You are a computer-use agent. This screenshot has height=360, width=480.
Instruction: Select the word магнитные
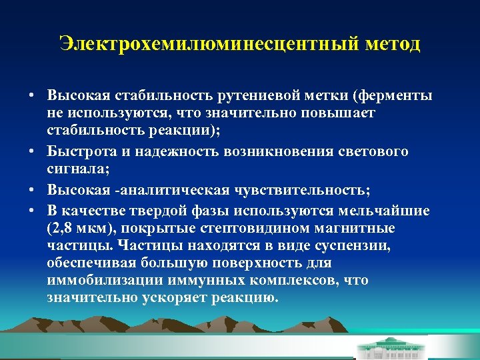[358, 229]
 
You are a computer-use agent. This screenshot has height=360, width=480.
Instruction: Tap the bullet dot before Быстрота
[32, 153]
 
